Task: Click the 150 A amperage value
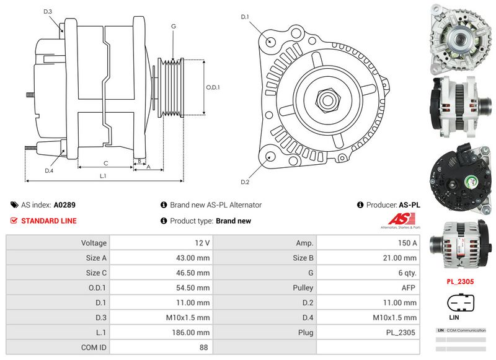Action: pos(407,243)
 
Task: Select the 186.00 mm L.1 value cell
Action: pos(193,333)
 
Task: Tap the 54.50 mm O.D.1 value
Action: pos(195,288)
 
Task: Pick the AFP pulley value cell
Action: pos(409,288)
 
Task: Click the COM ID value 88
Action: pos(203,348)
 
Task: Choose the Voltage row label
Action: pos(94,243)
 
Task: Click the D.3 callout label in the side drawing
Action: pos(48,12)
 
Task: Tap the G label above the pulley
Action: pos(174,26)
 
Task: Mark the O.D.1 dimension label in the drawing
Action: pos(213,87)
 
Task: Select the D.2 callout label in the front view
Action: pos(245,182)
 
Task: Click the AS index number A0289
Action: pos(64,204)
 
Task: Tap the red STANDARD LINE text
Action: pos(49,221)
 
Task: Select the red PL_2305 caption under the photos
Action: pos(461,281)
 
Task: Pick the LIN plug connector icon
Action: pos(461,304)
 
